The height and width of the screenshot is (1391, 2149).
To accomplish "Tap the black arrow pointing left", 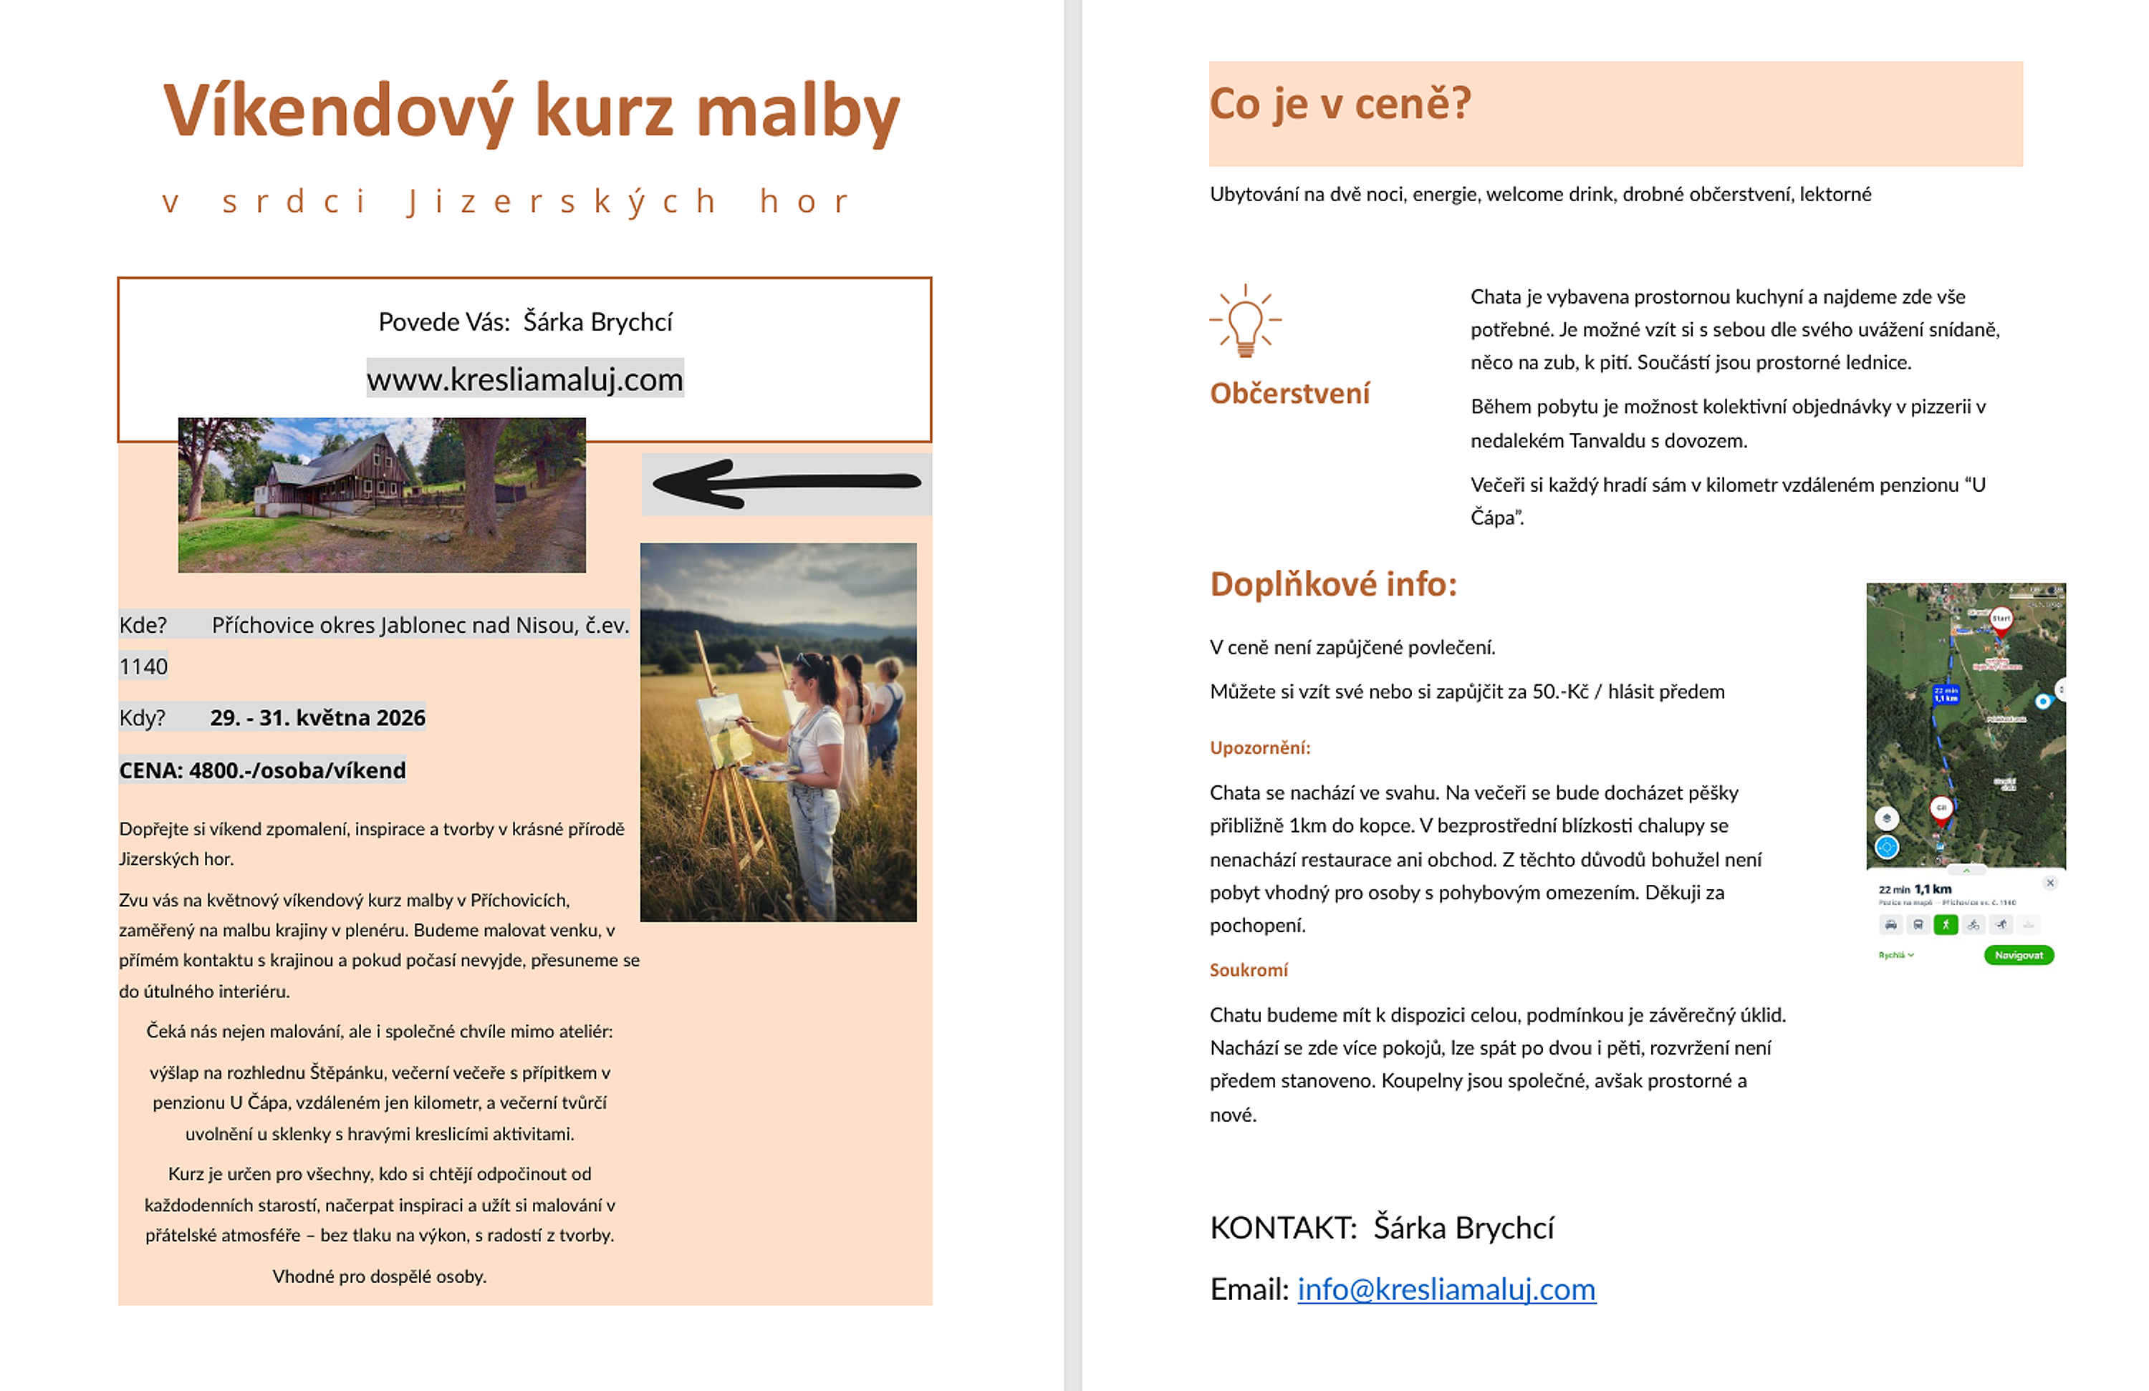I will [786, 483].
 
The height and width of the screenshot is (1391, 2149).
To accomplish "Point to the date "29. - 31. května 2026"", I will [317, 717].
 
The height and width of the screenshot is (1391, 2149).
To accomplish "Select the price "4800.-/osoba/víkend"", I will [297, 770].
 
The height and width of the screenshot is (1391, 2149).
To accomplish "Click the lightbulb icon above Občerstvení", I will [1245, 321].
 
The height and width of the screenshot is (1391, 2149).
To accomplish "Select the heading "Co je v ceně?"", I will [1340, 104].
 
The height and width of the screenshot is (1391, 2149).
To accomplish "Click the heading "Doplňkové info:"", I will [1333, 585].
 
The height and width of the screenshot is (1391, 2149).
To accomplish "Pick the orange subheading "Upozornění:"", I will [1259, 747].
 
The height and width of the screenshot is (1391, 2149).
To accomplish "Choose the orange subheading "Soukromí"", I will [1249, 969].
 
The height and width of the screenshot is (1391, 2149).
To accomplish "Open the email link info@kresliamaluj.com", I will [1446, 1289].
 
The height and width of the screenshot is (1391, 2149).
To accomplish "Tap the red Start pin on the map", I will [2001, 619].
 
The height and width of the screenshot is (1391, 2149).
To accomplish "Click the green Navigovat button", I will [2018, 955].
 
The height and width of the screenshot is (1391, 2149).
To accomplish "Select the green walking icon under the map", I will [1946, 924].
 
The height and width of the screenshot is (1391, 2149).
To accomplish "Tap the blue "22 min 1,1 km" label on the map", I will [1945, 694].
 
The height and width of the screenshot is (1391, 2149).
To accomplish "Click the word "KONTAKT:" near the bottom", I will [1283, 1228].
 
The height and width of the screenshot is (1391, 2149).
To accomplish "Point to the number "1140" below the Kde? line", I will [143, 667].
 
